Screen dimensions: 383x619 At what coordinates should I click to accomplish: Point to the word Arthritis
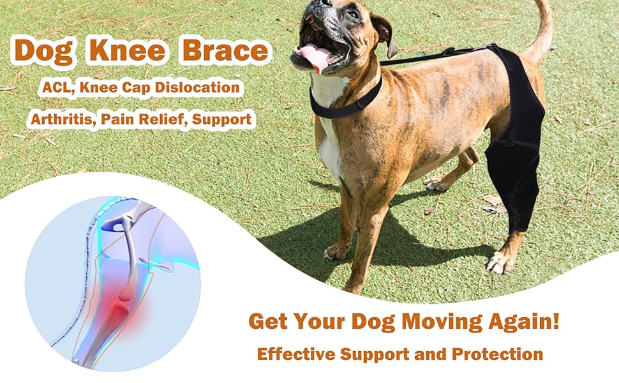click(58, 119)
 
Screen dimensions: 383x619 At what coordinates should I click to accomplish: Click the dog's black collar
click(348, 102)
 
